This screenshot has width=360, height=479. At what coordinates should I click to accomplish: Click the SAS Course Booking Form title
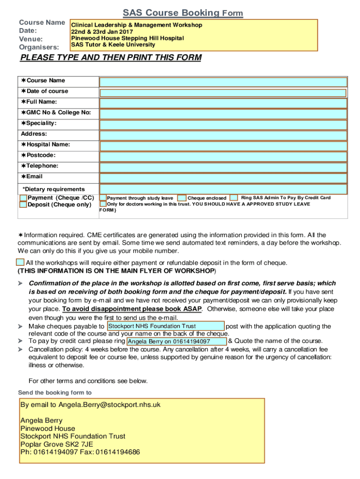(183, 13)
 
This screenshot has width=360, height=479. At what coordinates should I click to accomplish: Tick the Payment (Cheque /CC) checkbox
(23, 198)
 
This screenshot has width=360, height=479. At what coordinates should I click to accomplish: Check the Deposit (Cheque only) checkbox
(23, 205)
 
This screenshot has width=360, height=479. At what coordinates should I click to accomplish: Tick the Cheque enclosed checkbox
(182, 198)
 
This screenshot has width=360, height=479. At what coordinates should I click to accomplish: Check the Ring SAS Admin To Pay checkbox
(234, 198)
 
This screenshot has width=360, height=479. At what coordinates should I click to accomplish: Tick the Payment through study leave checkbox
(103, 198)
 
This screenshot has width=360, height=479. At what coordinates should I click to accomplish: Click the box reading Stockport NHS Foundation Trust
(165, 326)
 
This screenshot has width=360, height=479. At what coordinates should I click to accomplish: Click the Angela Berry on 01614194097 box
(176, 341)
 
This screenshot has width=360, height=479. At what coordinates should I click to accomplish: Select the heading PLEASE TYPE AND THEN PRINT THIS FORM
(110, 58)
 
